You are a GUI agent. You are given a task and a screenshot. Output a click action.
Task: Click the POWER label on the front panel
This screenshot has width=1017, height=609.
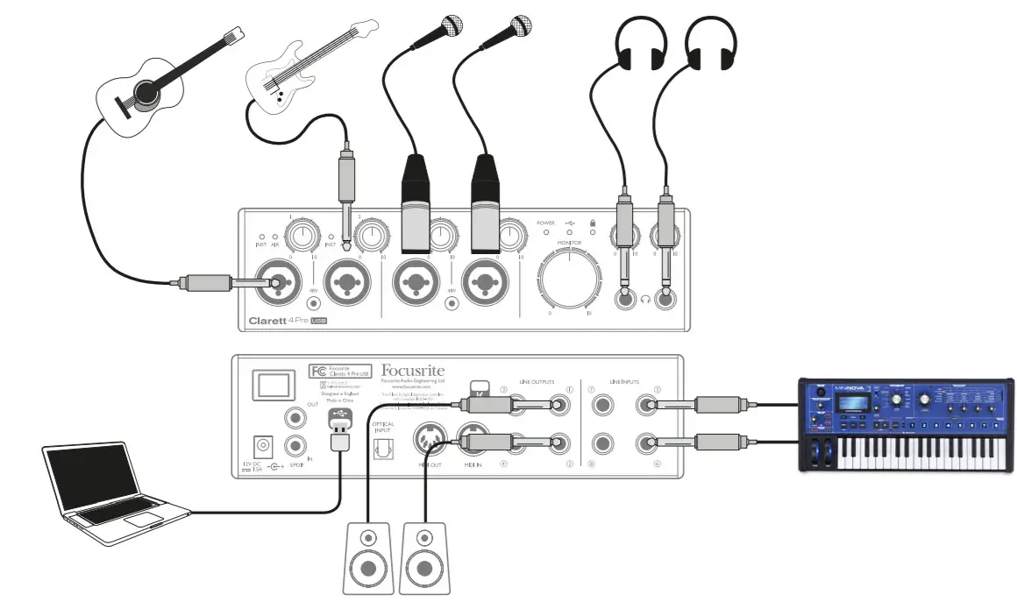pyautogui.click(x=546, y=224)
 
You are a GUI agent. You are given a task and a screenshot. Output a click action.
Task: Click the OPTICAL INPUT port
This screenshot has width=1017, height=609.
pyautogui.click(x=381, y=448)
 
